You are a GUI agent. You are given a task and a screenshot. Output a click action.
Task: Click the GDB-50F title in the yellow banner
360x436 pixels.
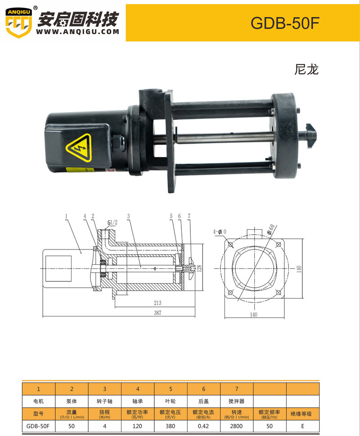point(285,23)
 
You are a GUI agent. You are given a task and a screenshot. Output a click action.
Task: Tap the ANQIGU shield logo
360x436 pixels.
point(18,22)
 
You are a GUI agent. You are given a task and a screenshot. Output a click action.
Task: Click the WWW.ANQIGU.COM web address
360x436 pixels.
point(77,32)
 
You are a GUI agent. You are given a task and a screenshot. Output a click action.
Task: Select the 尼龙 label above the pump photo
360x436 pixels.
point(306,69)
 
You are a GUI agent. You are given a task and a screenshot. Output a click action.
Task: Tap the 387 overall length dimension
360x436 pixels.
point(157,313)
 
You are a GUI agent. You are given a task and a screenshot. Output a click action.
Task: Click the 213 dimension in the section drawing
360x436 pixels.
point(157,303)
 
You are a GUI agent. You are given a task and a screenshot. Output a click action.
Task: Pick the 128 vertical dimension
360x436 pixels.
point(199,268)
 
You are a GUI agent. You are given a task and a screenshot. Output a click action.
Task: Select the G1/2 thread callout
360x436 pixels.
point(112,222)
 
